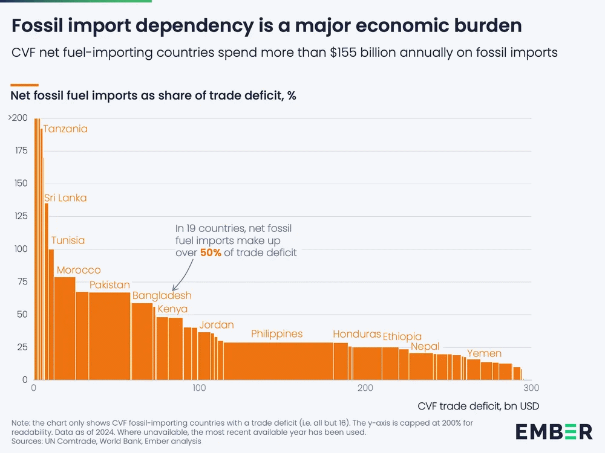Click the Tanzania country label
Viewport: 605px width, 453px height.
65,129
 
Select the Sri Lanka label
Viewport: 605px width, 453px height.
65,198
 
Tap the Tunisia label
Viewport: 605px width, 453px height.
68,240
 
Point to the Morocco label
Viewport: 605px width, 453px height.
79,270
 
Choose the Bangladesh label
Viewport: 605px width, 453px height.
162,295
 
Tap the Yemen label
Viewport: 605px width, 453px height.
484,354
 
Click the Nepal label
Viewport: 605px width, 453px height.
425,346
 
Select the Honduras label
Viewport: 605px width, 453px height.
357,334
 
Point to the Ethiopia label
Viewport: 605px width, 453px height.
402,336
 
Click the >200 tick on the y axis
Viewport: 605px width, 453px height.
18,118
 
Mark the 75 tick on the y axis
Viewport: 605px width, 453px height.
22,281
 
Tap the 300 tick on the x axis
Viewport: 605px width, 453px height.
531,387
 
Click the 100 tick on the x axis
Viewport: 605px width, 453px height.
199,387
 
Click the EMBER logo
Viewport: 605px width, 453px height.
554,431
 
